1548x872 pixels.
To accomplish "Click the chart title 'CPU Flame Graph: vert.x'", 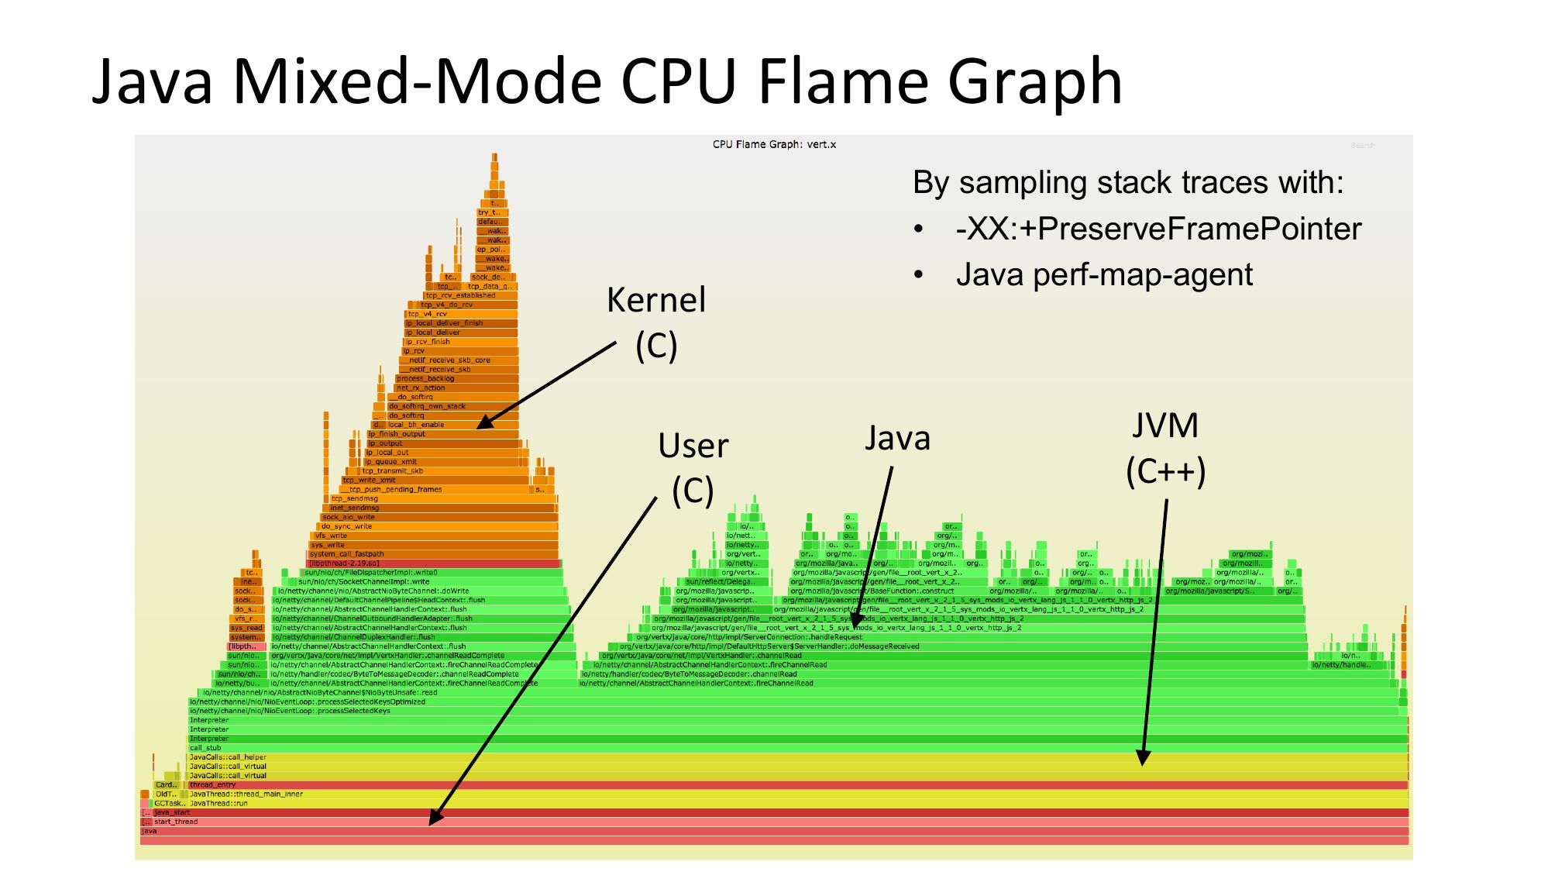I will coord(774,145).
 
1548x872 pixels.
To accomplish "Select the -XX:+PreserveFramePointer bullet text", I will coord(1158,229).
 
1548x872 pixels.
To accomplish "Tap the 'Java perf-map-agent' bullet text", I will coord(1104,275).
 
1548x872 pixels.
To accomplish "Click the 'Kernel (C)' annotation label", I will coord(656,322).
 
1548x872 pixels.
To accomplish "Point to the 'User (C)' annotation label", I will coord(693,467).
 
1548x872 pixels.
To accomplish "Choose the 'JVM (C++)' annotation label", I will coord(1165,448).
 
